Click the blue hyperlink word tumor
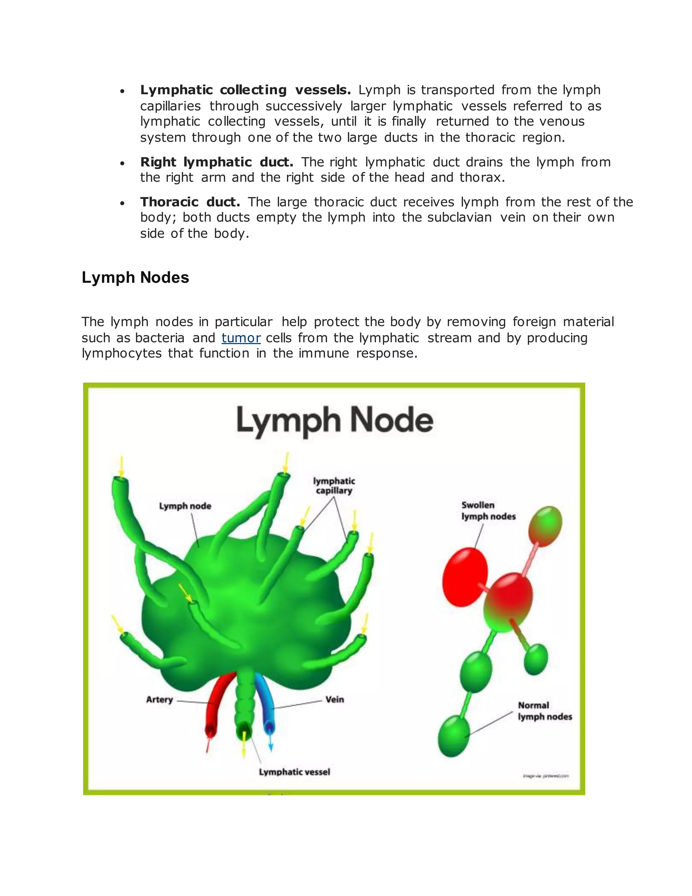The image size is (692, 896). tap(241, 338)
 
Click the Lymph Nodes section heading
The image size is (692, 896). tap(135, 278)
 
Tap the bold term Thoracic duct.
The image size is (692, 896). tap(190, 202)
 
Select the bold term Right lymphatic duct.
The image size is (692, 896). tap(217, 162)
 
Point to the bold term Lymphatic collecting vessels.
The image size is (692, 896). tap(245, 90)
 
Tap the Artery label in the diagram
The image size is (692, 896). tap(159, 700)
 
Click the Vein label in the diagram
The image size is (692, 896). tap(335, 700)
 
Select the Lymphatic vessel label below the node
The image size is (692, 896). tap(294, 772)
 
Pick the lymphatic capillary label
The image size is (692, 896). tap(334, 486)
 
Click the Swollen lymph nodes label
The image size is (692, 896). tap(488, 511)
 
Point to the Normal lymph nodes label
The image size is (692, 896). tap(545, 711)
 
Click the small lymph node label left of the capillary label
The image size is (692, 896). tap(185, 506)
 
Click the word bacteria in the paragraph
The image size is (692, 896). tap(160, 338)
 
